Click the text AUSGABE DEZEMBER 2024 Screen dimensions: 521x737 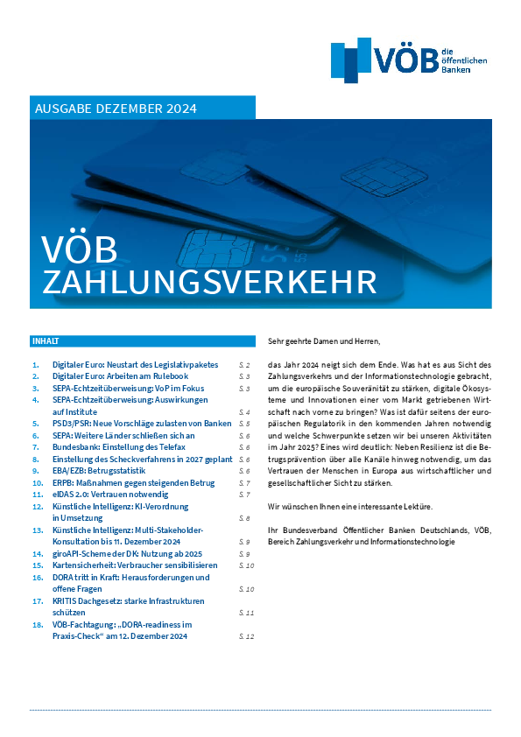[116, 109]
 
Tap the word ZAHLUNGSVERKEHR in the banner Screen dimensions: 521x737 [210, 282]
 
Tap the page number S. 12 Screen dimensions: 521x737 [246, 636]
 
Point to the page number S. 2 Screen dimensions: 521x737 [245, 363]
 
